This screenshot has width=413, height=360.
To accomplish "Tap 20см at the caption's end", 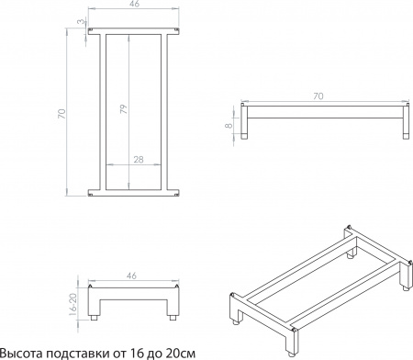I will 181,352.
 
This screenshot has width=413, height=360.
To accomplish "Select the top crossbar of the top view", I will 134,33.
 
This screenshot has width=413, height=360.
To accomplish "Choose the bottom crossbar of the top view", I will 134,193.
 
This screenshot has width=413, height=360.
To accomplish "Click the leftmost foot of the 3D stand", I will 238,319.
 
